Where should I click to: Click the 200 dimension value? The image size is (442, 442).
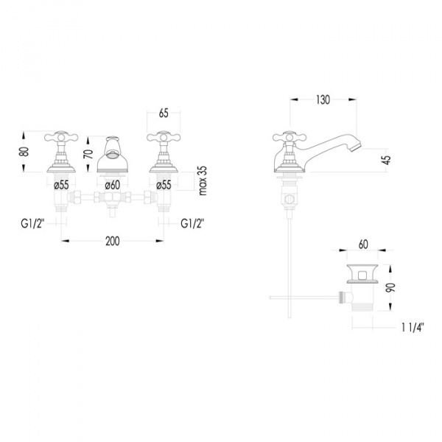113,241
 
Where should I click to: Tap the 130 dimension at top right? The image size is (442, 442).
323,99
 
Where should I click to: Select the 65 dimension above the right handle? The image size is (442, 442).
164,113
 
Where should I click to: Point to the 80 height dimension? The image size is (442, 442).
25,151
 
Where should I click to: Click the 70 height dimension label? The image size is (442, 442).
89,154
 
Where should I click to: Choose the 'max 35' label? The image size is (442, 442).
203,180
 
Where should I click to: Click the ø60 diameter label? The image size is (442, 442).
113,185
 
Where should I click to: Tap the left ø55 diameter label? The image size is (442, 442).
61,185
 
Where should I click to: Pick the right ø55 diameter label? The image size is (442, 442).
164,185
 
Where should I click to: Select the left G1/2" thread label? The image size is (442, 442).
32,224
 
